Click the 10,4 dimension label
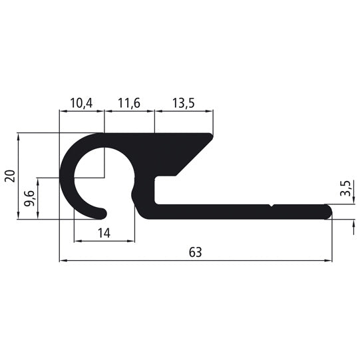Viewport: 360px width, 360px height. point(81,103)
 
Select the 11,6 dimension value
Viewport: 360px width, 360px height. point(128,103)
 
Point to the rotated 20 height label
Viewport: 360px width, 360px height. point(9,176)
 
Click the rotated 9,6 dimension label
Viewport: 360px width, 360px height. point(29,198)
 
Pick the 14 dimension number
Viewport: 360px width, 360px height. point(103,232)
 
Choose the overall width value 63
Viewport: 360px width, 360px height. point(194,252)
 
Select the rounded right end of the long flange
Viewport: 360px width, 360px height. point(327,212)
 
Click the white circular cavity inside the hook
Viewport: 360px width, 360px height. point(103,180)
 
